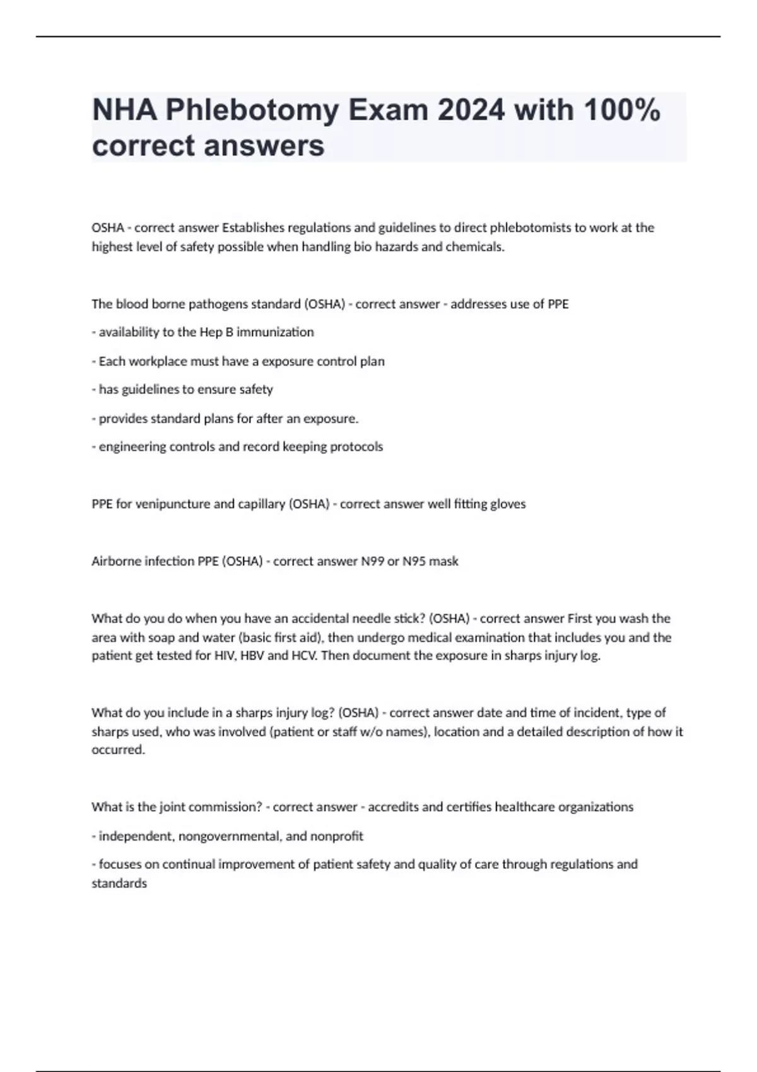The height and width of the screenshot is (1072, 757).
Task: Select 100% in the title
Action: tap(622, 111)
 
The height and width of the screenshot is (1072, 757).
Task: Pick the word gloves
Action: tap(508, 504)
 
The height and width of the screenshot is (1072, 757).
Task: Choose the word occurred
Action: tap(118, 750)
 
